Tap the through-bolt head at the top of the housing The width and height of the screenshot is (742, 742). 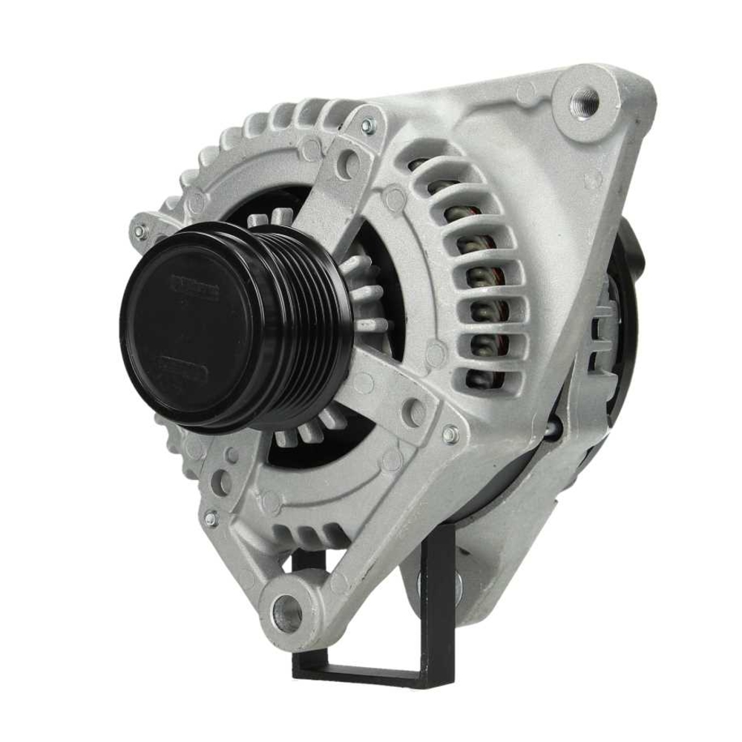[367, 127]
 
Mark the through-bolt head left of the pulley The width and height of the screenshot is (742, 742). [139, 232]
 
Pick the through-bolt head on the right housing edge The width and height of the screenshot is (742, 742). [449, 436]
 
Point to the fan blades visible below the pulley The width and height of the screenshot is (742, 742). [312, 434]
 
